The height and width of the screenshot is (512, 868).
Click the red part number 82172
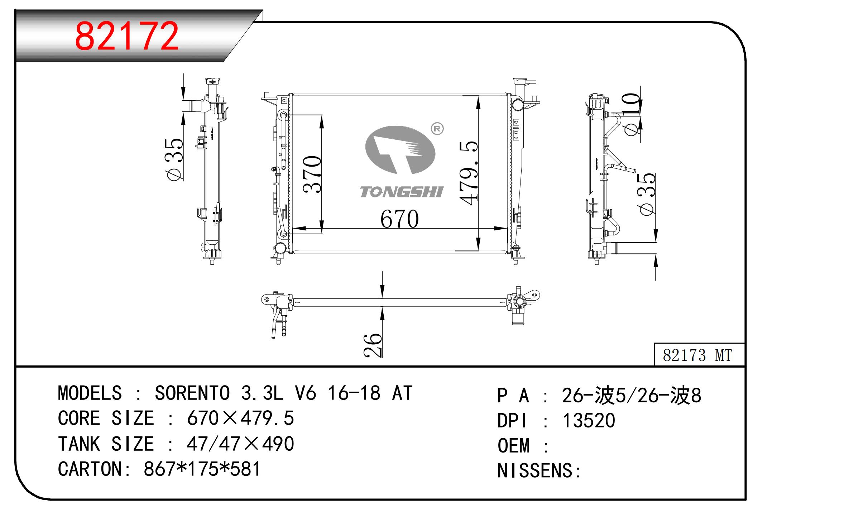tap(126, 36)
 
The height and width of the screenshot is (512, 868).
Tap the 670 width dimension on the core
tap(399, 219)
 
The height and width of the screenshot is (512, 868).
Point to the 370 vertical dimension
tap(312, 174)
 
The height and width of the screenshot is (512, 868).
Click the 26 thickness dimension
tap(373, 345)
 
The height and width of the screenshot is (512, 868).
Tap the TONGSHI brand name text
tap(402, 192)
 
